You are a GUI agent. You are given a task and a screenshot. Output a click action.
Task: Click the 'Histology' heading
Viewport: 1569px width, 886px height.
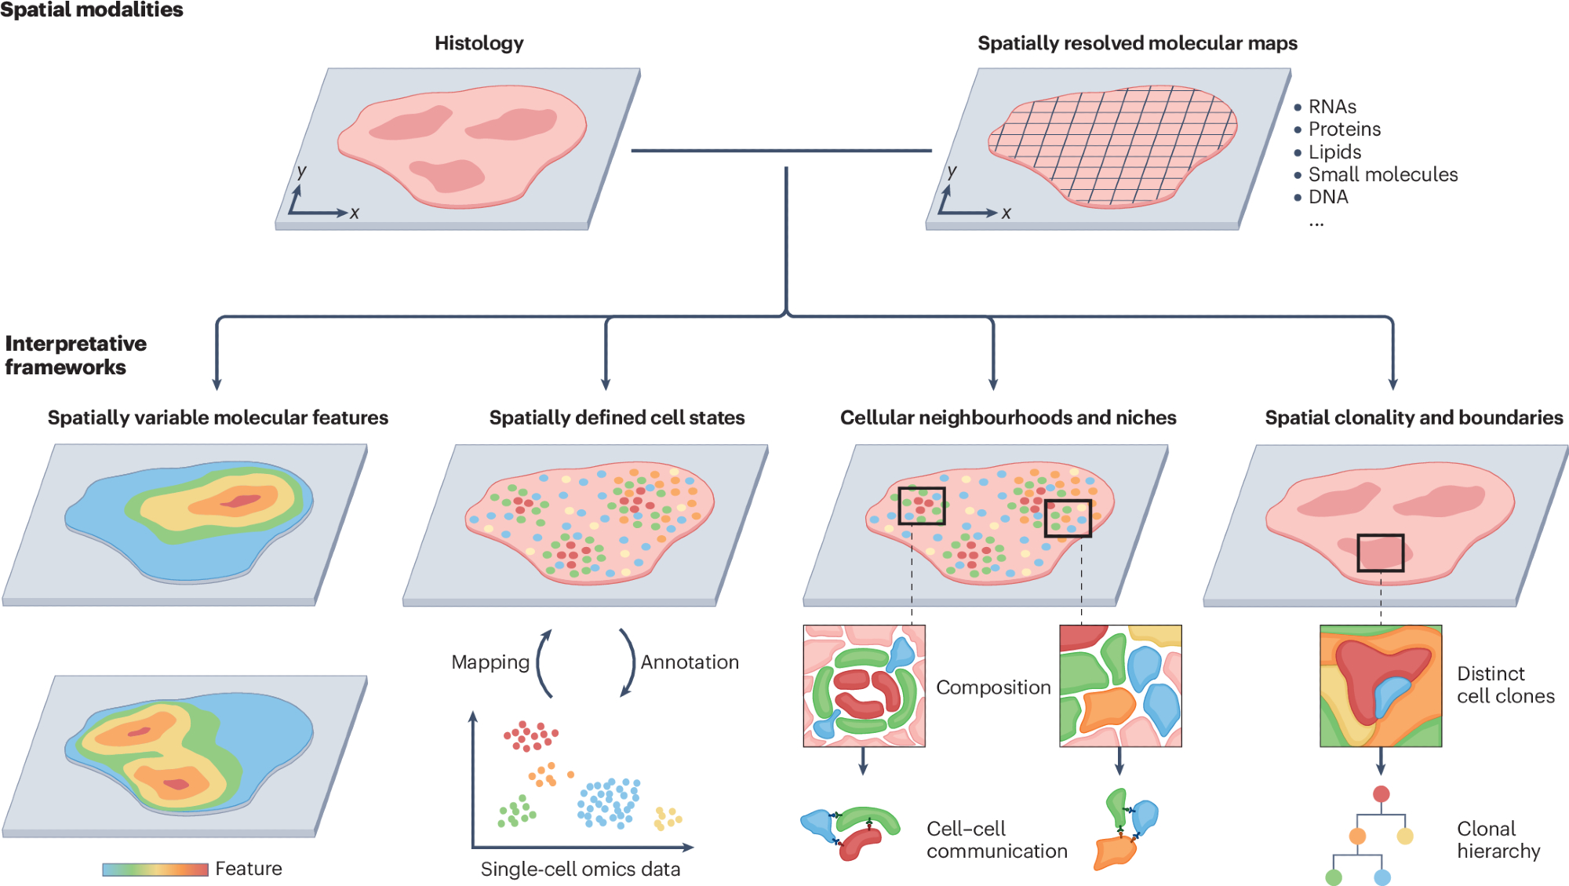click(x=479, y=43)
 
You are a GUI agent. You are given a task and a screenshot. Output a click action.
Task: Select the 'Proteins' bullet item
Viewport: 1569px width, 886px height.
click(x=1344, y=129)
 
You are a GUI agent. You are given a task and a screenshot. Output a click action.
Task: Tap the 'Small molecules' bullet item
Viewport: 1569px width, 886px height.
click(x=1382, y=174)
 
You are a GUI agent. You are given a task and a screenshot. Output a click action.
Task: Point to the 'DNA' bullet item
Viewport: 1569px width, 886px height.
click(x=1327, y=197)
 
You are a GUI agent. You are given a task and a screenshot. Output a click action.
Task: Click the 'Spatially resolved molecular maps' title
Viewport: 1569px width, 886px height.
click(x=1137, y=43)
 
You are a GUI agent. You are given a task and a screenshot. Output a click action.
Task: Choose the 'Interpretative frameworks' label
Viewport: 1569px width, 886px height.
click(x=75, y=355)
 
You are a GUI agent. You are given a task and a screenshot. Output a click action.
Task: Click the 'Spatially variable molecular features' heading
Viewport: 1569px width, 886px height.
click(x=217, y=417)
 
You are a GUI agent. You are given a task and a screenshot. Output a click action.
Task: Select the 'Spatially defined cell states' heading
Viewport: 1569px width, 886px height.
click(x=617, y=417)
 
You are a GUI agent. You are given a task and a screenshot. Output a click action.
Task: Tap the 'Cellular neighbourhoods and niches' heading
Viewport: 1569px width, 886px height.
click(x=1008, y=417)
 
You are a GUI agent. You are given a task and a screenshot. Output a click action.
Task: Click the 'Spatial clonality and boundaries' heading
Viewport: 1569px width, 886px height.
click(x=1414, y=417)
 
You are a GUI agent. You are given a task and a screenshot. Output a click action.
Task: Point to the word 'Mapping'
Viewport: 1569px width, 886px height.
click(x=490, y=662)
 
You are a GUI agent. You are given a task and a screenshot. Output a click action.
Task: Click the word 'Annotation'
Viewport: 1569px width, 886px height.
click(x=690, y=662)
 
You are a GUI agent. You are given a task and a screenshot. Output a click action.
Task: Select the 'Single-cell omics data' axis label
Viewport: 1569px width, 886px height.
click(x=580, y=870)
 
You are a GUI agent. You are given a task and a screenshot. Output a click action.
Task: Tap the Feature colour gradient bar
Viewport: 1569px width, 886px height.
click(x=155, y=870)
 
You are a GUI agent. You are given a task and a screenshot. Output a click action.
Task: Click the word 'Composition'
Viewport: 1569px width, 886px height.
click(x=993, y=687)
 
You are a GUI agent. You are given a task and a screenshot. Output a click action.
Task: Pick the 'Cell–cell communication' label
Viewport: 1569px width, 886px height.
click(x=996, y=840)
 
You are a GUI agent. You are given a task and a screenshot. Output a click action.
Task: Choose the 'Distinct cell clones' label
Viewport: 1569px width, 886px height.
click(x=1505, y=685)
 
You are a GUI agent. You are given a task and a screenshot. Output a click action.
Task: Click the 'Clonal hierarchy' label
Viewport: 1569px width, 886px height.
click(x=1498, y=840)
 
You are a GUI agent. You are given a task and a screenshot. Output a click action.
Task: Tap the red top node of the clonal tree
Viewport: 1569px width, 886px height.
click(x=1382, y=794)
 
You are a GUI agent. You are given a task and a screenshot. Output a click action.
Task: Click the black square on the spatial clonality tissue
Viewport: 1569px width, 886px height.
click(x=1381, y=553)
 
